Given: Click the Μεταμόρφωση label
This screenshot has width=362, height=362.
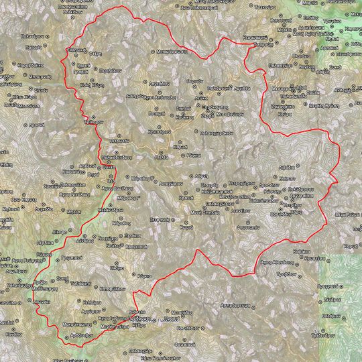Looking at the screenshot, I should [x=172, y=51].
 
